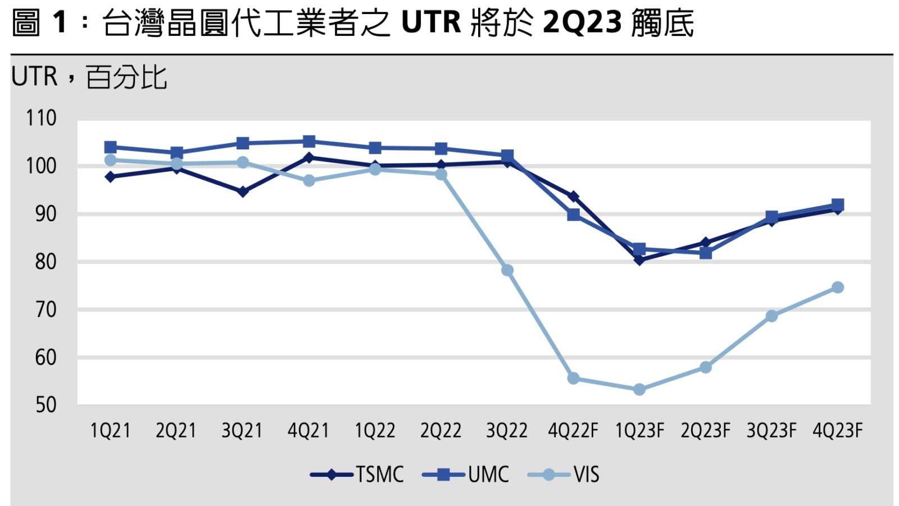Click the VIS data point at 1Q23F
point(639,389)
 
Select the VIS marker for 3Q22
point(507,271)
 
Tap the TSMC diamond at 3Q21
point(243,192)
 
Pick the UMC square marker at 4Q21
point(309,142)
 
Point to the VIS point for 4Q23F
point(837,288)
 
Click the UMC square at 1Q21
point(111,148)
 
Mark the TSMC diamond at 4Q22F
point(574,197)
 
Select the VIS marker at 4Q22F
point(574,379)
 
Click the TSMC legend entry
point(357,475)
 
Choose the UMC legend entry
point(466,475)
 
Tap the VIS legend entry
point(564,475)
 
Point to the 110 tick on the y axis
point(41,118)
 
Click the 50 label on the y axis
point(46,405)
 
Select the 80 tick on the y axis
point(46,262)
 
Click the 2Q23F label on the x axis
point(705,431)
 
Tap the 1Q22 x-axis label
point(375,431)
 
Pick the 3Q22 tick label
point(507,431)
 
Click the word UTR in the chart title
point(431,23)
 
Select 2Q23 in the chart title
point(583,23)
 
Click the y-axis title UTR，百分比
point(89,77)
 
